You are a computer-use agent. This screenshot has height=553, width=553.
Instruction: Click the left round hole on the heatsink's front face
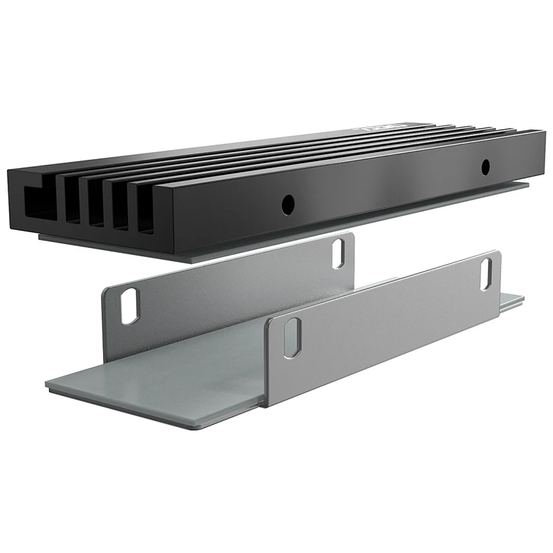[288, 203]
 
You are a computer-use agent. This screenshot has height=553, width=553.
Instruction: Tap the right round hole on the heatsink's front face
[485, 166]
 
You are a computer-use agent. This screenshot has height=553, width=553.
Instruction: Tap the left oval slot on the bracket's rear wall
[130, 306]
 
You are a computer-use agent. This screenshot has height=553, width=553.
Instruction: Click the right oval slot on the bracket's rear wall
[339, 253]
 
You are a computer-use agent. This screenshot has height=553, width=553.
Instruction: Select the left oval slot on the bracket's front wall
[292, 338]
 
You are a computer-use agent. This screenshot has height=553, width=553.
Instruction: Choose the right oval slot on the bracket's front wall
[487, 273]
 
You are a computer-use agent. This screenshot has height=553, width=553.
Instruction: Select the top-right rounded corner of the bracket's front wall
[496, 254]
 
